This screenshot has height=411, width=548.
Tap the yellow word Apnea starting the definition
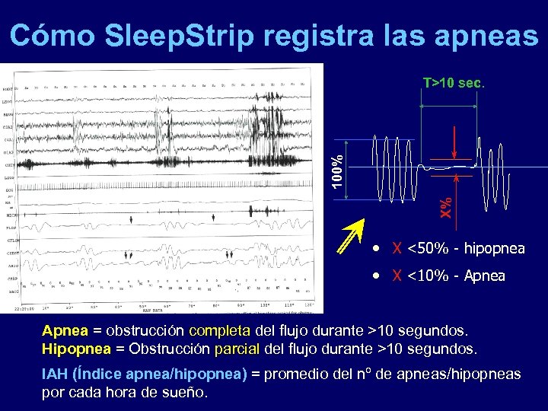(65, 332)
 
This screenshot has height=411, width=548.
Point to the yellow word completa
(219, 332)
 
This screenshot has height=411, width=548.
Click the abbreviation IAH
(56, 374)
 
